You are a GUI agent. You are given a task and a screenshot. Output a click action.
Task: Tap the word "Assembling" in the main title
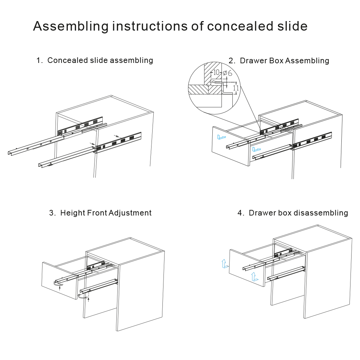(x=71, y=27)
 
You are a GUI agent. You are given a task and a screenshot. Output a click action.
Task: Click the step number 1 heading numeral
(x=38, y=60)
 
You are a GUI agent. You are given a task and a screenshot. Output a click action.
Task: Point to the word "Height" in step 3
(x=72, y=213)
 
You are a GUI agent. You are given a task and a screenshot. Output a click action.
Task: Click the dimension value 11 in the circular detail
(x=236, y=88)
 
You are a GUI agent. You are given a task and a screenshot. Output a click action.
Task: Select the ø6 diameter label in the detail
(x=227, y=73)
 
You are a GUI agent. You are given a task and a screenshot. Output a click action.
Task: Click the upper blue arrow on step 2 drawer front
(x=222, y=137)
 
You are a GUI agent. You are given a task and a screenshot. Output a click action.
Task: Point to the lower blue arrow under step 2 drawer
(x=257, y=148)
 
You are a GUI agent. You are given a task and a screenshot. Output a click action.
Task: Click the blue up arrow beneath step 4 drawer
(x=254, y=277)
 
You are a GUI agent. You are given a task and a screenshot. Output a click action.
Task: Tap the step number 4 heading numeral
(x=240, y=213)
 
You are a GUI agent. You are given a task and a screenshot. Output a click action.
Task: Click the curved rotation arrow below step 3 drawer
(x=83, y=297)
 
